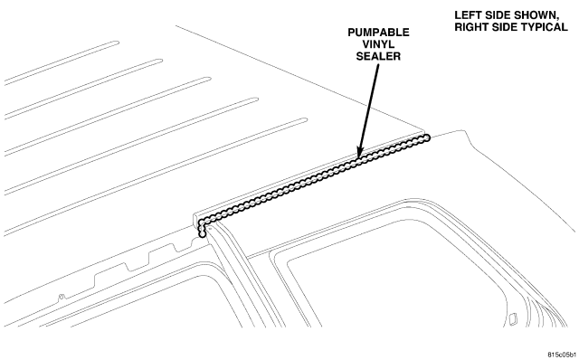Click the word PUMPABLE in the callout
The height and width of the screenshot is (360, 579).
click(378, 33)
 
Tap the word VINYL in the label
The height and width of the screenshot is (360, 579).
click(378, 44)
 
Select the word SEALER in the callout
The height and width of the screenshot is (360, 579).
click(378, 56)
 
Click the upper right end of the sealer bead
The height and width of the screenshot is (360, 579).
click(426, 138)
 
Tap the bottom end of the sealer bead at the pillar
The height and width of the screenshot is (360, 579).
click(202, 234)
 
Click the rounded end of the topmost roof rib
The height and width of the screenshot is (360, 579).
click(117, 43)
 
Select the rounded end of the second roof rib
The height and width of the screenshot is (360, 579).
click(161, 61)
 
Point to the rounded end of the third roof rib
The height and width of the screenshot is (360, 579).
click(209, 79)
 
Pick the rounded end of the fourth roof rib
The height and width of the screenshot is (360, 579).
click(256, 99)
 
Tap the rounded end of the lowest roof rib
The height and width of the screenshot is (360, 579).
click(305, 119)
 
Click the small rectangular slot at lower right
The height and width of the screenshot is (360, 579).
click(513, 319)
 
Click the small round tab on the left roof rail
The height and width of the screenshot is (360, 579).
click(62, 296)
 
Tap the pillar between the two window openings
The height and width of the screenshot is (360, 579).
click(241, 273)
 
